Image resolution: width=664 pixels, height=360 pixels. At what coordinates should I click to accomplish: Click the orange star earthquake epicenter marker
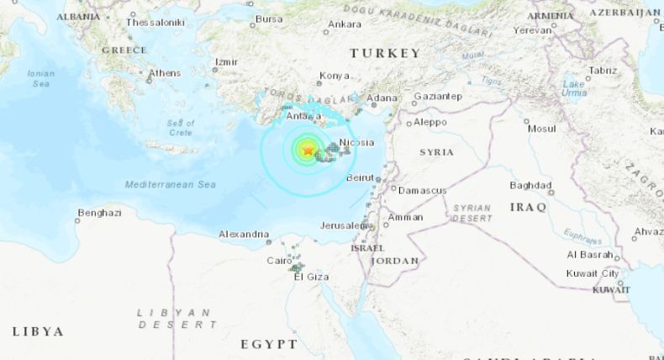[308, 151]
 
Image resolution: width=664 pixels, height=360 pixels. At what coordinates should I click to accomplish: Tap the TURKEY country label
[385, 53]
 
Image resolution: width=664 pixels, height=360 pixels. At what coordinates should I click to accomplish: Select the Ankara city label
[345, 24]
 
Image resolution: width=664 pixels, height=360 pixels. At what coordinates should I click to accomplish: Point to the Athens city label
[164, 73]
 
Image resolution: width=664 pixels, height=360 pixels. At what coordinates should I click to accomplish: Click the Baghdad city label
[531, 185]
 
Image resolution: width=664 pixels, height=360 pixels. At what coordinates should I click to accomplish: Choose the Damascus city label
[422, 191]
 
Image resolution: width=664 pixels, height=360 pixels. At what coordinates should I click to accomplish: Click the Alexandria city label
[244, 234]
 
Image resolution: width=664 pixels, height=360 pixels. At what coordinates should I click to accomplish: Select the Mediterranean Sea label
[170, 184]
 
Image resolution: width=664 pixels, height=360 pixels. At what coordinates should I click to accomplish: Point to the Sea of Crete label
[180, 128]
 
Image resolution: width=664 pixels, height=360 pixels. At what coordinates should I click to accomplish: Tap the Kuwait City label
[593, 273]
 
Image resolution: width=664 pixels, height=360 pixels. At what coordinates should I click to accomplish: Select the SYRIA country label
[436, 152]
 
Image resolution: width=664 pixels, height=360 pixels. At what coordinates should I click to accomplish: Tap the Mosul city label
[541, 129]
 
